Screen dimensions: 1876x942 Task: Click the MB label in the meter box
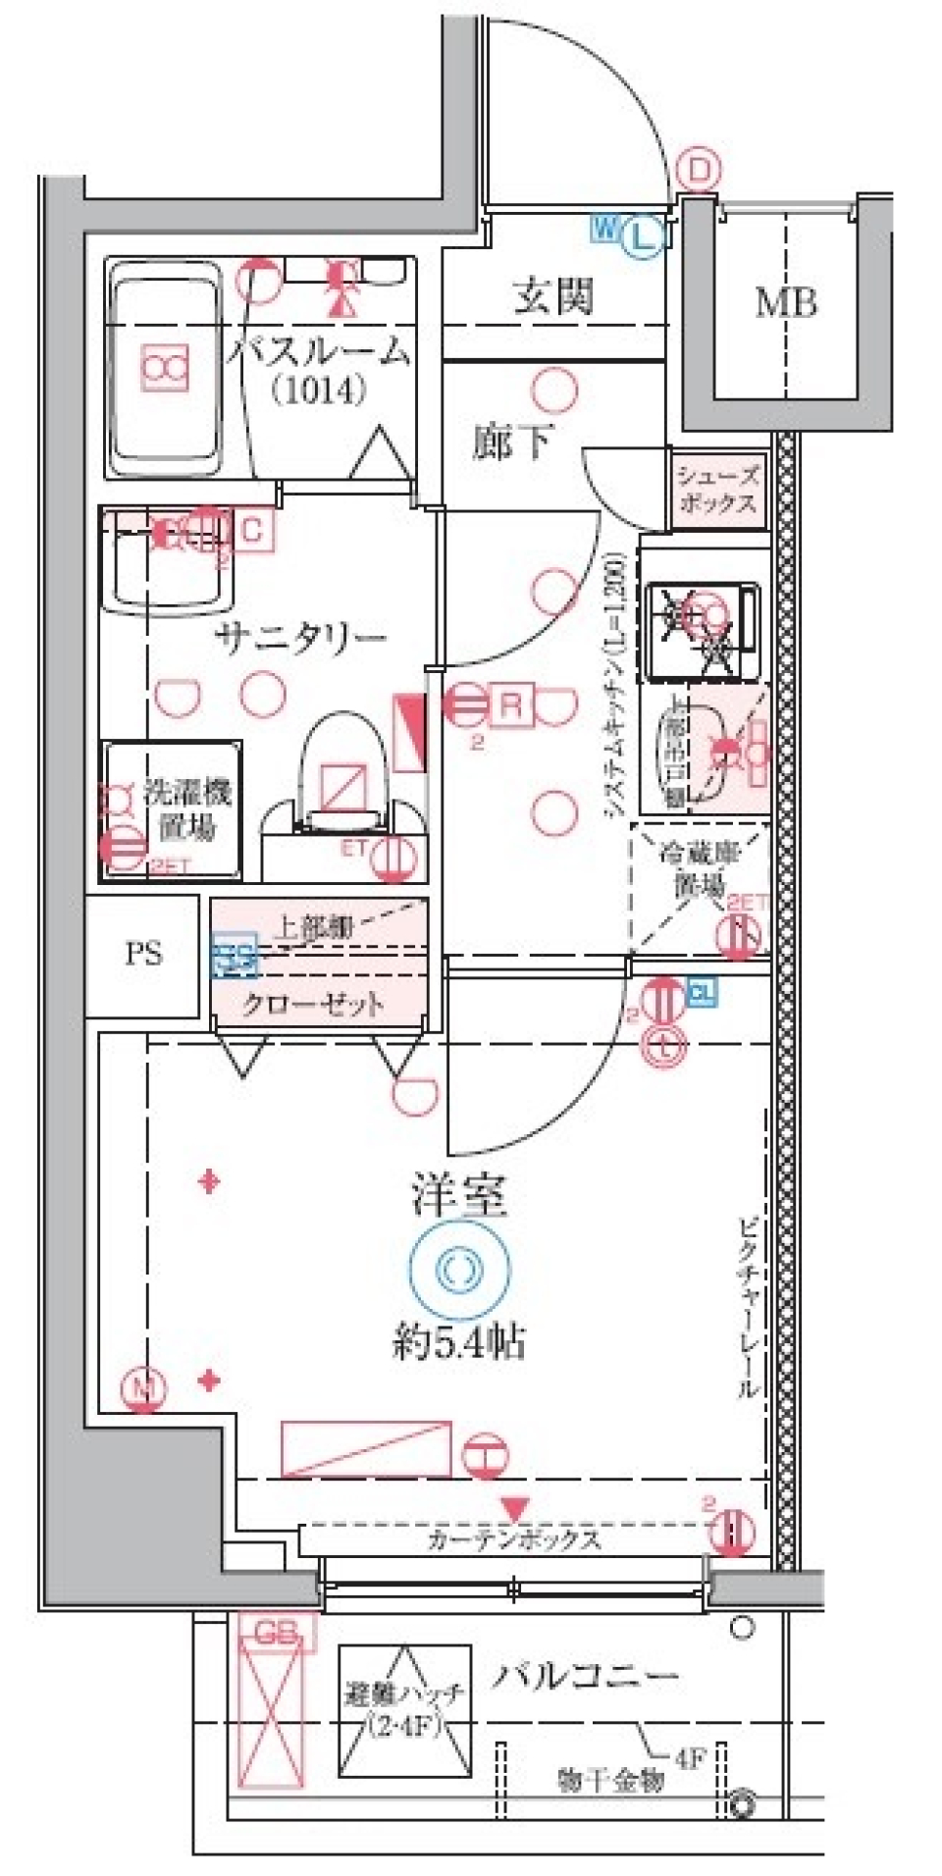coord(785,303)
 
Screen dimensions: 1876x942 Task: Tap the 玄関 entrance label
coord(554,294)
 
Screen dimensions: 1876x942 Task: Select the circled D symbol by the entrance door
coord(699,172)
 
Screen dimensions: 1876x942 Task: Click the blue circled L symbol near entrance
coord(642,235)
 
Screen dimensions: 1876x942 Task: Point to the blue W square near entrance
coord(604,230)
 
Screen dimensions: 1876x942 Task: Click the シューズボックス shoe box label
coord(717,490)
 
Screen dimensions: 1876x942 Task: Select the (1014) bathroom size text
coord(319,391)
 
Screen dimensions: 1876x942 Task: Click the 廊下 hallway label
coord(511,443)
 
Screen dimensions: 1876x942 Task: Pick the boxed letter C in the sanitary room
coord(252,531)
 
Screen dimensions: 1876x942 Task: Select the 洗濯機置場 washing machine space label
coord(186,809)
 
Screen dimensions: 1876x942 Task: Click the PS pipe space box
coord(143,953)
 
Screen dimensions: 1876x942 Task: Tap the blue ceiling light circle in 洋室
coord(459,1270)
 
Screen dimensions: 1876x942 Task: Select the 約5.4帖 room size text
coord(459,1340)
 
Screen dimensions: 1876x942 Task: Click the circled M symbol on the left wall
coord(144,1387)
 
